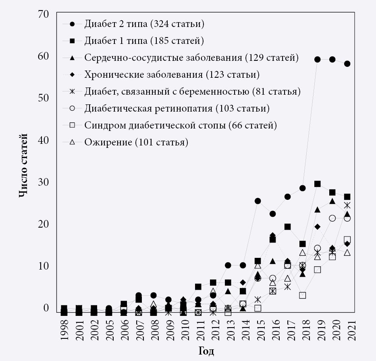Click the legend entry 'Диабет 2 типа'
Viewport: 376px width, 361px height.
144,24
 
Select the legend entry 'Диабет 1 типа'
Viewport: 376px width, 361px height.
144,41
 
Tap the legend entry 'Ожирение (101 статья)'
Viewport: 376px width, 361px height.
136,142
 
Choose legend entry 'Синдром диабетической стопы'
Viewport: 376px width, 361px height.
181,125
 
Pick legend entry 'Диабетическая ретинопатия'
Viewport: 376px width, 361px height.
177,108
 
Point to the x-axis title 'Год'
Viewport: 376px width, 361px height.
206,351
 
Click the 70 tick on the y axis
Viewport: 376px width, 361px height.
43,14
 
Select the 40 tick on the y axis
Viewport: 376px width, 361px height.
43,140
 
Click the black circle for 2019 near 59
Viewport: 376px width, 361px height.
317,59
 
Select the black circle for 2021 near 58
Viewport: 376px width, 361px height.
347,64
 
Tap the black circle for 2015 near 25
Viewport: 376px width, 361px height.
258,201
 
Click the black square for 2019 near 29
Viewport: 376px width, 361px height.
317,184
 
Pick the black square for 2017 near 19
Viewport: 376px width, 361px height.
287,227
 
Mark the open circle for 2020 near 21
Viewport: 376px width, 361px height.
332,218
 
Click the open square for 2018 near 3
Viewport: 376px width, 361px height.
302,295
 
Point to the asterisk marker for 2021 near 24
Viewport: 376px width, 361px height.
347,205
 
